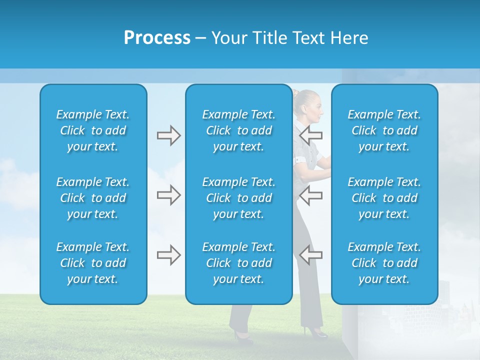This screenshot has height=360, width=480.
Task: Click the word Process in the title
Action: [157, 38]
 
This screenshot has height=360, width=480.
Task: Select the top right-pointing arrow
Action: [168, 135]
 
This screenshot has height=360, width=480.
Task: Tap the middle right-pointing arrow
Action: [168, 195]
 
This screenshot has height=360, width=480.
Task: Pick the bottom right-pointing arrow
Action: [168, 255]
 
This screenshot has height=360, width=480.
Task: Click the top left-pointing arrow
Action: [311, 135]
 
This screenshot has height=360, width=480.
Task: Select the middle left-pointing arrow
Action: [311, 195]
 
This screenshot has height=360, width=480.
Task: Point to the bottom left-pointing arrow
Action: [311, 255]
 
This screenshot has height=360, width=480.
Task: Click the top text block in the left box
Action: [93, 130]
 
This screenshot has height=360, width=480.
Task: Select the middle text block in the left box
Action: [93, 198]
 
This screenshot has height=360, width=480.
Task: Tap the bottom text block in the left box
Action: [93, 263]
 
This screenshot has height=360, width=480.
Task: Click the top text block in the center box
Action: [238, 130]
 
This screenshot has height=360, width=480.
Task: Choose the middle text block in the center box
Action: [238, 198]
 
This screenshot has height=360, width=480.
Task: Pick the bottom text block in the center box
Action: [238, 263]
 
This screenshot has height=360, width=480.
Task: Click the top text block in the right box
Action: [384, 130]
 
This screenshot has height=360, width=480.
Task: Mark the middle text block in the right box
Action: [384, 198]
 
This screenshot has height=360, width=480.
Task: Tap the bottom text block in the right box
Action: [384, 263]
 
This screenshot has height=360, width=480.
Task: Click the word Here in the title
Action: [349, 38]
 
